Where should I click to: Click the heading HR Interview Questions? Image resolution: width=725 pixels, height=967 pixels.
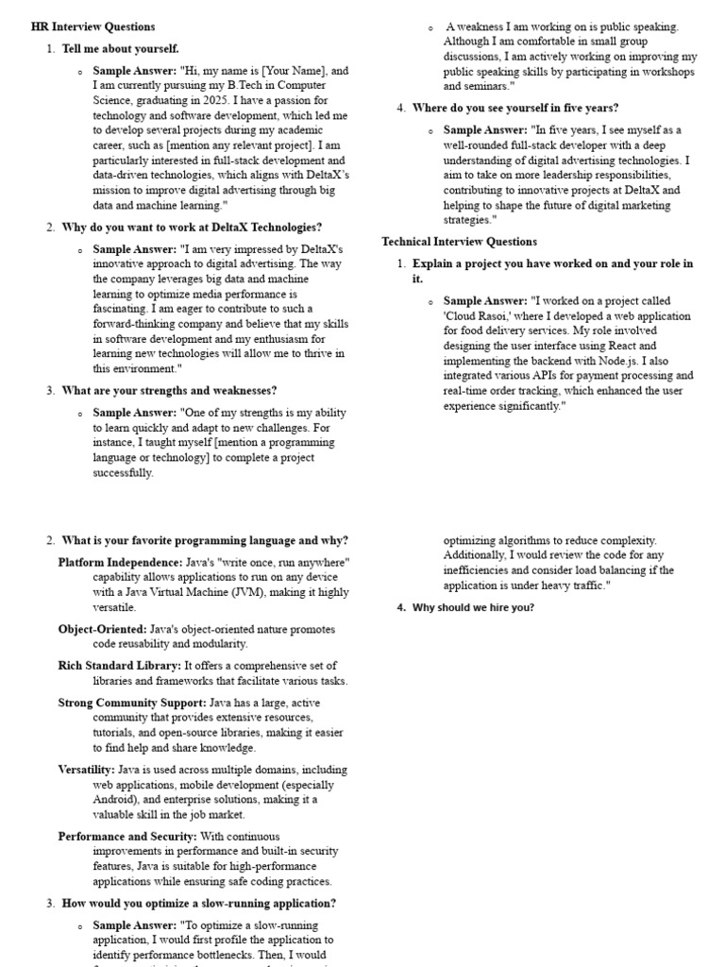pos(93,26)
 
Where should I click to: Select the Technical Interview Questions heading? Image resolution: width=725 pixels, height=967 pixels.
pos(459,242)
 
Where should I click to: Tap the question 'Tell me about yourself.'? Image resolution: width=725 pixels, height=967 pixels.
pos(120,48)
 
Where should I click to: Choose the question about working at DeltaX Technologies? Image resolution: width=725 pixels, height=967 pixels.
pos(192,228)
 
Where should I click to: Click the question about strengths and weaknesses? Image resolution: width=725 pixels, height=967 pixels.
pos(169,390)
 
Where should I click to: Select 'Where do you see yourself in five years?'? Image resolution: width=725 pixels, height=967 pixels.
pos(515,108)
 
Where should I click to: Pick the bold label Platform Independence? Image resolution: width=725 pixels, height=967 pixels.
pos(120,562)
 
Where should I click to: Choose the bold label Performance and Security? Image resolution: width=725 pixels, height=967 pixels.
pos(127,837)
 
